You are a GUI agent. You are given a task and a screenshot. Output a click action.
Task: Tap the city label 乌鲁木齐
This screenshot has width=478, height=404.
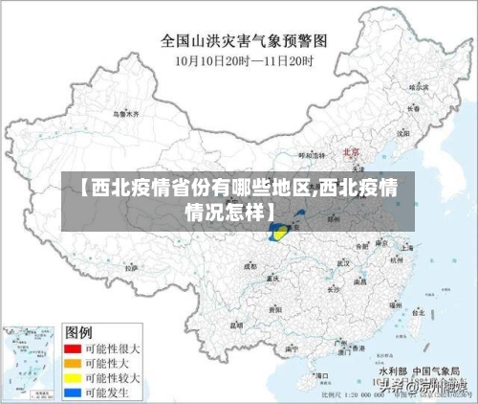coord(125,113)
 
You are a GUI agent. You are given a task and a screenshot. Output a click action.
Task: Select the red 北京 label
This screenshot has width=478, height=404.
coord(350,151)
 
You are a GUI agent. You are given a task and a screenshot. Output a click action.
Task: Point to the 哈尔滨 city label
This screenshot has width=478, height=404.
coord(415,87)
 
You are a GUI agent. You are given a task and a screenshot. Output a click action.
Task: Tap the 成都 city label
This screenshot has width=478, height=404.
coord(251,267)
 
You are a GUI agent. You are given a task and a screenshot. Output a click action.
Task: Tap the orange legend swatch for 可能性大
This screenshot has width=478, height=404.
coord(71,363)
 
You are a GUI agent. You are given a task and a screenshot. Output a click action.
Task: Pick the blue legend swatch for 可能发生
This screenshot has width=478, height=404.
coord(71,392)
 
